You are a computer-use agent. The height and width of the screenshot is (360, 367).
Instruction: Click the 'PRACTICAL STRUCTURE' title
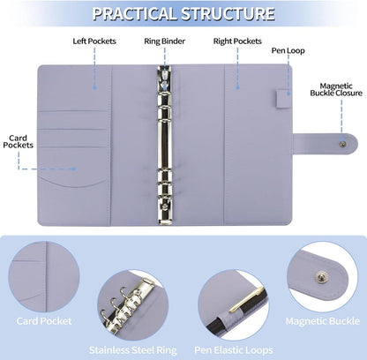pyautogui.click(x=183, y=13)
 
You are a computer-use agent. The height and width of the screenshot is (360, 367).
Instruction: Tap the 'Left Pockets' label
pyautogui.click(x=94, y=41)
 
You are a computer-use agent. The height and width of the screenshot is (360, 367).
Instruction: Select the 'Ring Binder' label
pyautogui.click(x=164, y=41)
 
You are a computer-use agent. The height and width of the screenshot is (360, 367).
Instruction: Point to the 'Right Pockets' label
pyautogui.click(x=237, y=41)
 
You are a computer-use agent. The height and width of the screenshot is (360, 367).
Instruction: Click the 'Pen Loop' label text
pyautogui.click(x=288, y=50)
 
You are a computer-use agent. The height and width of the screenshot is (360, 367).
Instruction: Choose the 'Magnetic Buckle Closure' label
pyautogui.click(x=336, y=90)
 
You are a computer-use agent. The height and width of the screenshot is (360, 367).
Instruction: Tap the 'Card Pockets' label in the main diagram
pyautogui.click(x=19, y=141)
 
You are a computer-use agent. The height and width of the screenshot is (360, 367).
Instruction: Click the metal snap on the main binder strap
pyautogui.click(x=342, y=144)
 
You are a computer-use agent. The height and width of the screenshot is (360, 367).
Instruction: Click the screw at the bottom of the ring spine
pyautogui.click(x=165, y=206)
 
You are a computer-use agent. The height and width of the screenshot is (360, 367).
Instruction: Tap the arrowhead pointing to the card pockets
pyautogui.click(x=74, y=169)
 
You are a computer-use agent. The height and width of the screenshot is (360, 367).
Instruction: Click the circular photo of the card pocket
pyautogui.click(x=44, y=277)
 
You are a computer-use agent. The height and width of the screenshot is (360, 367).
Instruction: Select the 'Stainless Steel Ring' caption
pyautogui.click(x=133, y=350)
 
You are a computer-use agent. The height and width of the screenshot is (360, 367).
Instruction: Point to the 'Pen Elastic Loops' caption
pyautogui.click(x=234, y=350)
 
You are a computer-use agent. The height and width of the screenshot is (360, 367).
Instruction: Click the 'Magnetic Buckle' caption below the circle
pyautogui.click(x=323, y=321)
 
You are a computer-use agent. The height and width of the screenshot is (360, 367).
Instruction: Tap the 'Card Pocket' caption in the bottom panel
pyautogui.click(x=44, y=321)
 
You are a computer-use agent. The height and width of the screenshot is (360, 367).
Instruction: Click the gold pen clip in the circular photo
pyautogui.click(x=246, y=299)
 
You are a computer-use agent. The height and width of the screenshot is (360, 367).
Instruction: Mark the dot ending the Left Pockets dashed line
pyautogui.click(x=94, y=87)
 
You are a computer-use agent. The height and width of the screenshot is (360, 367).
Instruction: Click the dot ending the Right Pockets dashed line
pyautogui.click(x=237, y=87)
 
